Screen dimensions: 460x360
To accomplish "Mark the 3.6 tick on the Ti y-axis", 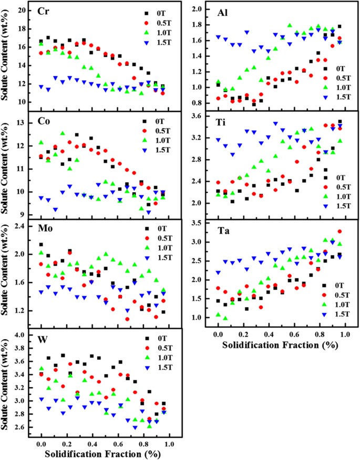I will click(197, 117).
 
